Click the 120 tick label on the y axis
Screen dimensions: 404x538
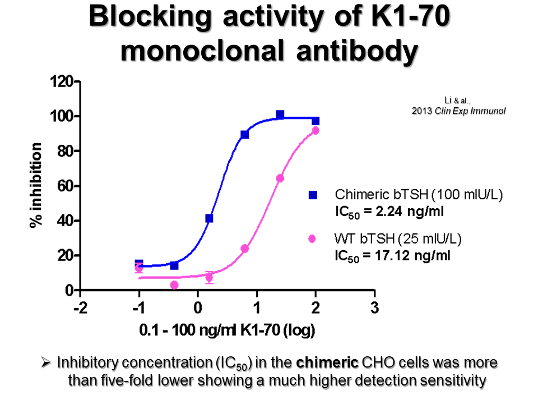(62, 82)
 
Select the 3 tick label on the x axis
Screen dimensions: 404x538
(374, 308)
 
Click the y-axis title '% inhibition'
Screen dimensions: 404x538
(36, 186)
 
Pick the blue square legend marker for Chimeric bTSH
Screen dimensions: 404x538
(313, 195)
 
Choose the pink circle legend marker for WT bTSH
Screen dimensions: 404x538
(313, 239)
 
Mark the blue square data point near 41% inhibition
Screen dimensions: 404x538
(209, 218)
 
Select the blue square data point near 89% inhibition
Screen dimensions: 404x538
(244, 135)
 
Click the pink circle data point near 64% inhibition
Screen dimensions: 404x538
(280, 178)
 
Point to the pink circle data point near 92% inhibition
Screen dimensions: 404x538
(315, 130)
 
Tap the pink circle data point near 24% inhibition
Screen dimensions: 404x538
(244, 249)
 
